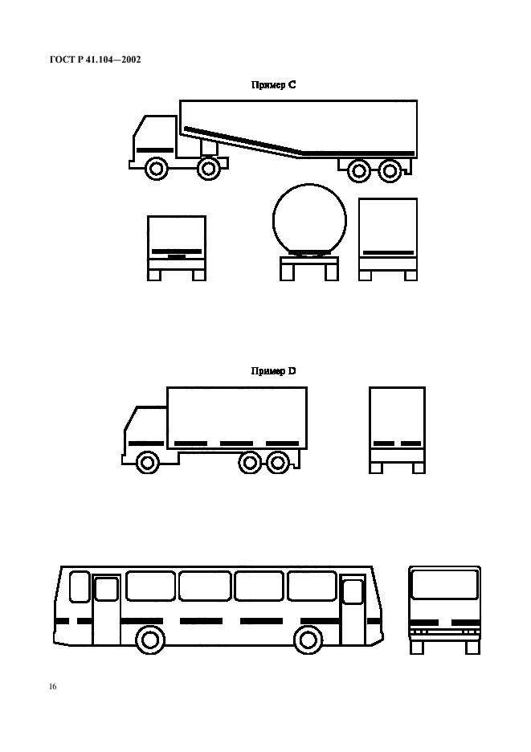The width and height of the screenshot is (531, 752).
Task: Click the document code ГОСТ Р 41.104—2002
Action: pyautogui.click(x=95, y=59)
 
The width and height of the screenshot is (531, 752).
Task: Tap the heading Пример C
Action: pyautogui.click(x=273, y=85)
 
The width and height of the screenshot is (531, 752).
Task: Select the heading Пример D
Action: pyautogui.click(x=273, y=370)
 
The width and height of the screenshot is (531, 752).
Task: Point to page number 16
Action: pyautogui.click(x=53, y=686)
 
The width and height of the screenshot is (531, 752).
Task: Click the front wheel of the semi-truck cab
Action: pyautogui.click(x=157, y=169)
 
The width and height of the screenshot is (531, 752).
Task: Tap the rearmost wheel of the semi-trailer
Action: pyautogui.click(x=390, y=170)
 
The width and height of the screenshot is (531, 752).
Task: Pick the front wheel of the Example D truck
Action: pyautogui.click(x=148, y=462)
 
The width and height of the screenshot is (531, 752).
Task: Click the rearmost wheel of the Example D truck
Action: pyautogui.click(x=278, y=463)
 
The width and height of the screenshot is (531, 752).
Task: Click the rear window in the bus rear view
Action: pyautogui.click(x=445, y=584)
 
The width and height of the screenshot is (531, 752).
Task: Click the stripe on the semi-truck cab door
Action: pyautogui.click(x=155, y=150)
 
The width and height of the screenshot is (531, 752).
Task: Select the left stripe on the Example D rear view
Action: pyautogui.click(x=384, y=443)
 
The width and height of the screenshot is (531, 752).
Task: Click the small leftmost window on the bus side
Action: pyautogui.click(x=80, y=586)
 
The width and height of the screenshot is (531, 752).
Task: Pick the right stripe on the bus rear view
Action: pyautogui.click(x=465, y=623)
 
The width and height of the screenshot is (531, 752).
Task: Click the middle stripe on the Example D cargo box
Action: pyautogui.click(x=236, y=443)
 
